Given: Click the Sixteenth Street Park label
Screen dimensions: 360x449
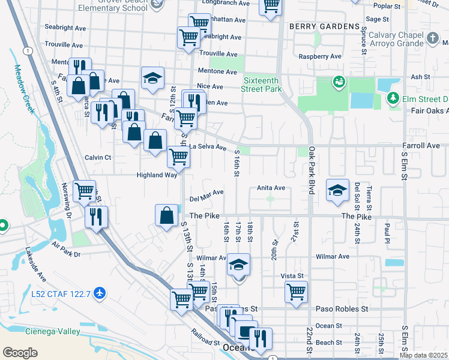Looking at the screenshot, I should [263, 85].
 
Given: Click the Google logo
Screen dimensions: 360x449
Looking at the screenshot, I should [20, 352].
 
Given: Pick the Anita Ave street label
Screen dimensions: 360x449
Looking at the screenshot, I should [271, 188].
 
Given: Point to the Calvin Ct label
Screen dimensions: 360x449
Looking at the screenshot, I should [98, 157].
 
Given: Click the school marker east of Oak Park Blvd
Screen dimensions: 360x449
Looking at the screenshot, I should [337, 190].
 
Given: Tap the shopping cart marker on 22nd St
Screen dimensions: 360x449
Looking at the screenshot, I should [296, 292].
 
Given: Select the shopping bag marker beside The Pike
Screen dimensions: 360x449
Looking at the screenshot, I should [166, 215].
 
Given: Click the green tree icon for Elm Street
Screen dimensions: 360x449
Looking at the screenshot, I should [393, 98].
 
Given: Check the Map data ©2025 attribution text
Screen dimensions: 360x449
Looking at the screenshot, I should [423, 355].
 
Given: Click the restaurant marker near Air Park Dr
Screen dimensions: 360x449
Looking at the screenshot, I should [96, 217].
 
